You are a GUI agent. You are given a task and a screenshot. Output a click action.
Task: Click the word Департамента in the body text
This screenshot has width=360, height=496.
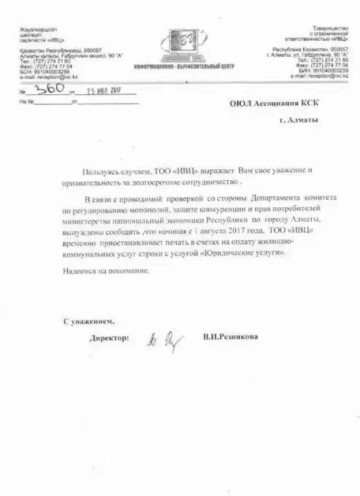[277, 198]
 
